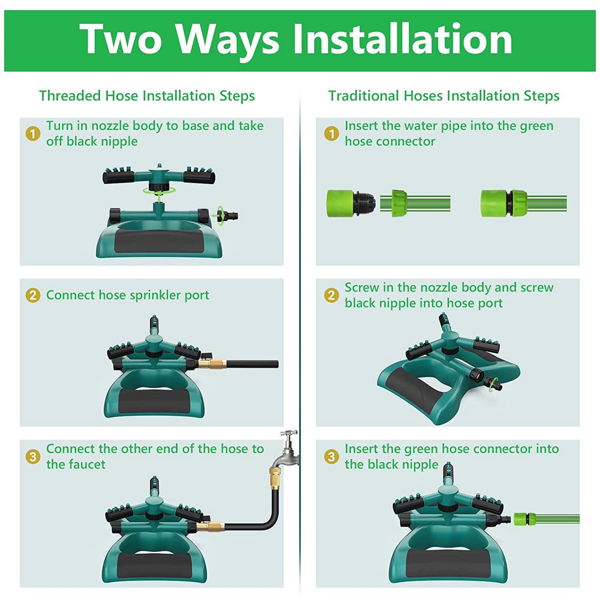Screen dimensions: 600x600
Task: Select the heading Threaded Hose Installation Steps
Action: [147, 96]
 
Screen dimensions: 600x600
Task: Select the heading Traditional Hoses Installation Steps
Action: [444, 96]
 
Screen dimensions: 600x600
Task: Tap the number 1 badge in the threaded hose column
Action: [33, 134]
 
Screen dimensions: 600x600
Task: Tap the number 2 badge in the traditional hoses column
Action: [331, 295]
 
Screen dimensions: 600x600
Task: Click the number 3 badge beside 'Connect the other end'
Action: [33, 457]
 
